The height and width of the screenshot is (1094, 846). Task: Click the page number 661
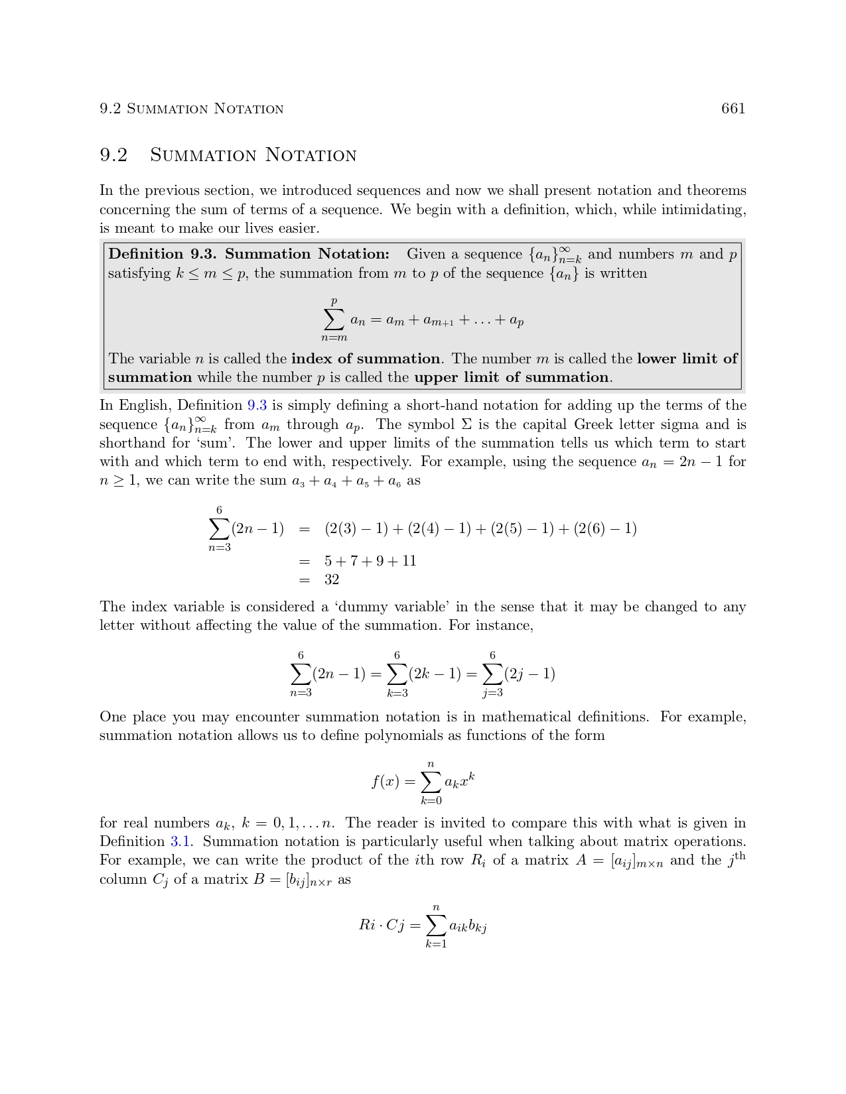click(x=733, y=109)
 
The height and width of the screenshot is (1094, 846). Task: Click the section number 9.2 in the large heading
click(x=113, y=155)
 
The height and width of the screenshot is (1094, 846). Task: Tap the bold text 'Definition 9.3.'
click(x=163, y=254)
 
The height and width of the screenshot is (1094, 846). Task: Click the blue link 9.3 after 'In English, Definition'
click(x=257, y=406)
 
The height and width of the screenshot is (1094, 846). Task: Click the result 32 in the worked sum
click(x=332, y=580)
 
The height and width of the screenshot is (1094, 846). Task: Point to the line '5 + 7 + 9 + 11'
click(x=370, y=561)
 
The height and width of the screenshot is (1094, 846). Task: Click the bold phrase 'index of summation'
click(x=366, y=359)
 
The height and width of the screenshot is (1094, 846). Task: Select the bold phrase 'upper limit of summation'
click(x=512, y=378)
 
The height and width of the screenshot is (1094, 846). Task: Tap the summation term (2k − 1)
click(x=435, y=674)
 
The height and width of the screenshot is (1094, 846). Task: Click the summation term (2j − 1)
click(x=529, y=674)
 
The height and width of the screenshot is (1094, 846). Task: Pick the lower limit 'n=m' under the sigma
click(x=334, y=338)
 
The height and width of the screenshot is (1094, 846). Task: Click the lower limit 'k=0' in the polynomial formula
click(x=431, y=800)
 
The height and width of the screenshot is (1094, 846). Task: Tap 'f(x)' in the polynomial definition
click(x=386, y=782)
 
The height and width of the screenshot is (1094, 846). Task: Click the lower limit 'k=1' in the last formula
click(x=436, y=944)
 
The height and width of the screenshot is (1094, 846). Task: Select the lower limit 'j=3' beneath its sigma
click(x=492, y=693)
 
